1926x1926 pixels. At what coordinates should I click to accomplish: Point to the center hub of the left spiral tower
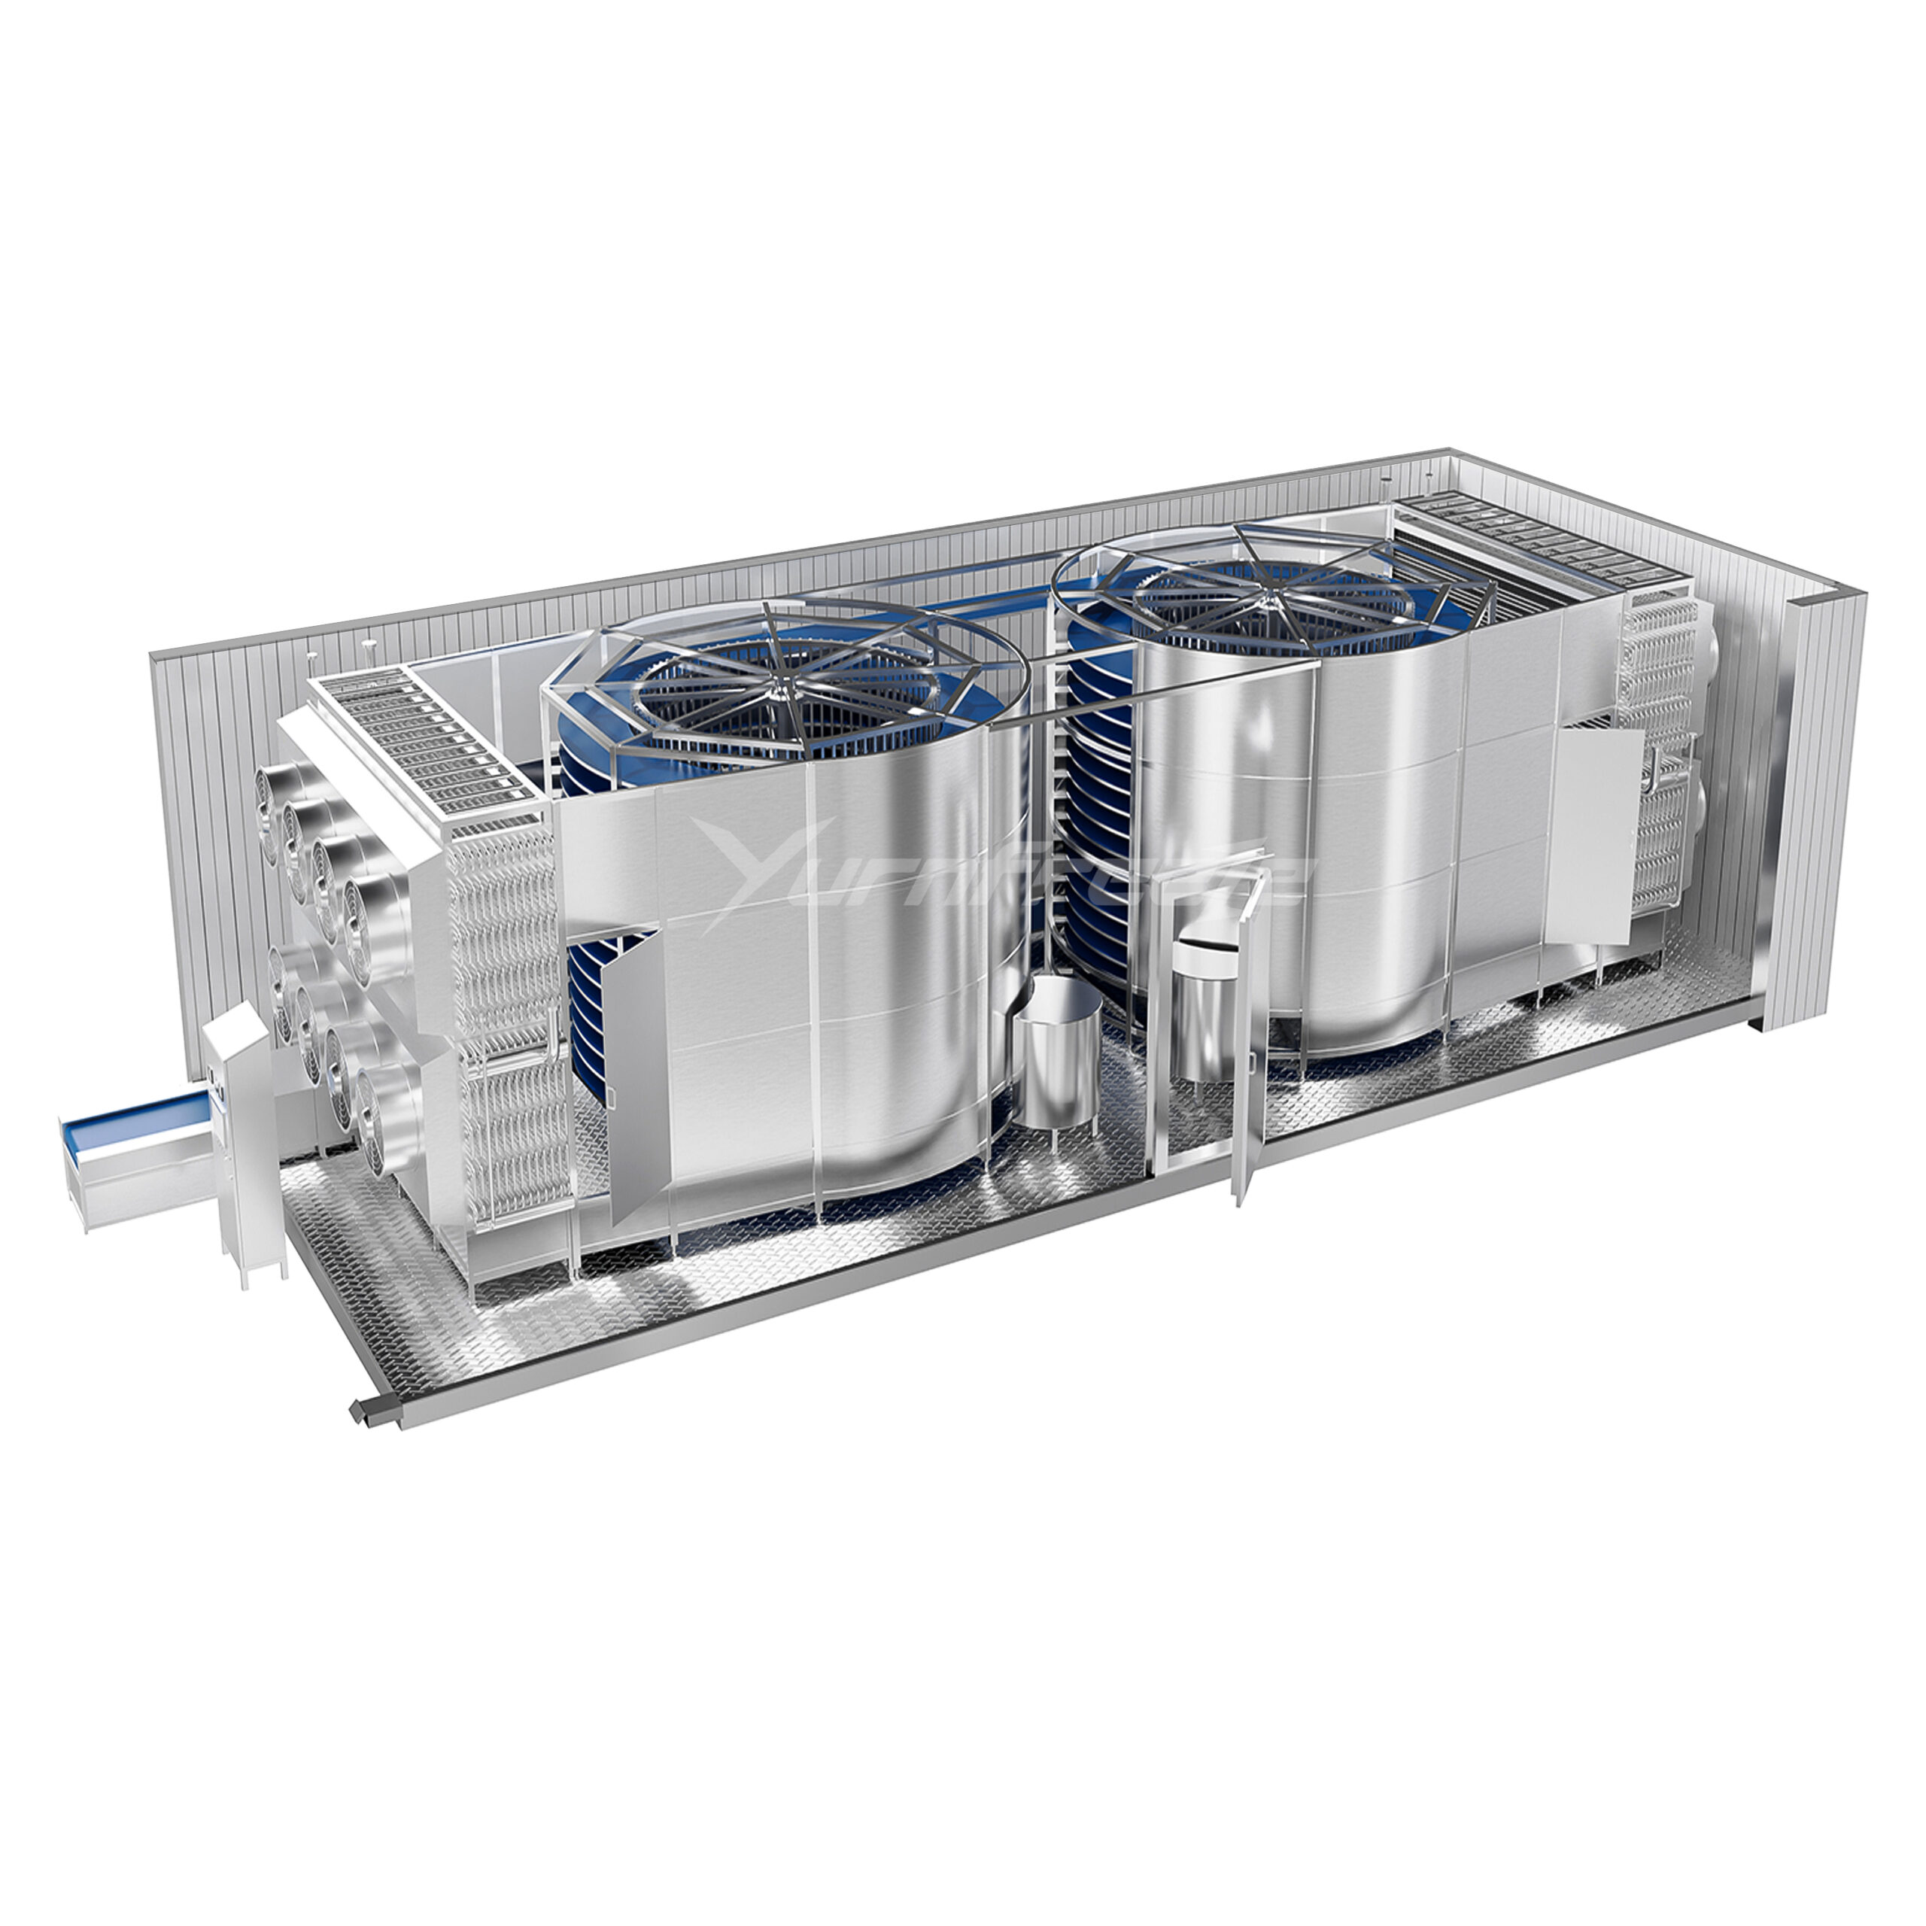point(788,677)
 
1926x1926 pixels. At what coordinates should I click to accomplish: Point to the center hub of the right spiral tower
point(1276,598)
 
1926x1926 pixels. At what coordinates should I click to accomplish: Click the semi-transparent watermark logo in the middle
point(997,872)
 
